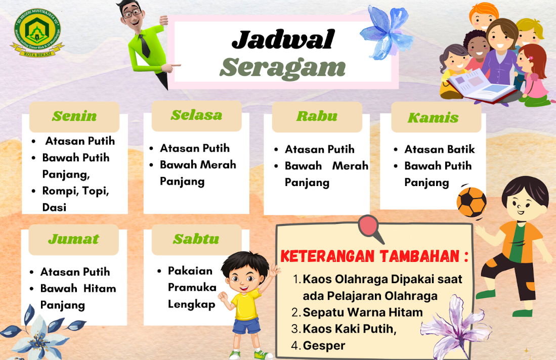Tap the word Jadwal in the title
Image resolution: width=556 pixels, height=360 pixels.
tap(283, 39)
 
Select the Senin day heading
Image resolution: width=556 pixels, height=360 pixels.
tap(74, 116)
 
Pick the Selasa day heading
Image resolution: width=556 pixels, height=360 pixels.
tap(196, 115)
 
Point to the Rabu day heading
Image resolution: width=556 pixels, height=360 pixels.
tap(317, 116)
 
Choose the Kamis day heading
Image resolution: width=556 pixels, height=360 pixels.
tap(433, 118)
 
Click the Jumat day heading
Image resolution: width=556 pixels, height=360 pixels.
tap(73, 239)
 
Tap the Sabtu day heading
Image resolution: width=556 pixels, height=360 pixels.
tap(196, 239)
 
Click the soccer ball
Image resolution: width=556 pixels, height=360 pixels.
tap(471, 202)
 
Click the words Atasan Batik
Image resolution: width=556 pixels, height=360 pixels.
tap(440, 149)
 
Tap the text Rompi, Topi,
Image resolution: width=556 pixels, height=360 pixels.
tap(76, 191)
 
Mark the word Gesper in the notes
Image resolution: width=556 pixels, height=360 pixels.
tap(324, 346)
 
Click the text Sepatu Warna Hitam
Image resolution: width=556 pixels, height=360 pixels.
tap(363, 312)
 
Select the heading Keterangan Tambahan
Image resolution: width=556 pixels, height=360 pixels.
tap(374, 256)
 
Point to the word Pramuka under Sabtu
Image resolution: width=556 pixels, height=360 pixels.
tap(192, 288)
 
